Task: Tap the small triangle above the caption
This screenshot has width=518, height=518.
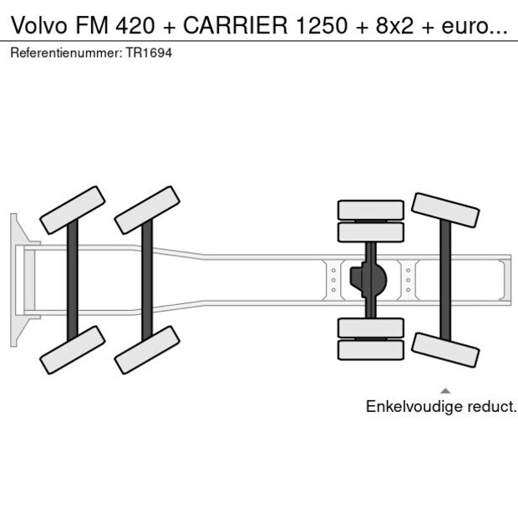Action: click(x=445, y=390)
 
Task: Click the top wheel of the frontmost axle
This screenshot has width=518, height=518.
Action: click(x=72, y=210)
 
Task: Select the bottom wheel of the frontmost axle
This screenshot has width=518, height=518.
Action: click(x=72, y=349)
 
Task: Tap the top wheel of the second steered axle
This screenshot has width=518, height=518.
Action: click(x=147, y=210)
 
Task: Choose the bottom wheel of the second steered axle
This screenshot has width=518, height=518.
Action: click(x=147, y=349)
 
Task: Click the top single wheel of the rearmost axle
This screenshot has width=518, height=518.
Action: click(x=445, y=210)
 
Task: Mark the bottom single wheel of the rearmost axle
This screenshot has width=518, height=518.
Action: click(x=445, y=349)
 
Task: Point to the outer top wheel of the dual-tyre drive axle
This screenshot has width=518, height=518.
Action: click(x=370, y=209)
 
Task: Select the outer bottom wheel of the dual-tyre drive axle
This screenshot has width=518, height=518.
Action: click(x=370, y=350)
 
